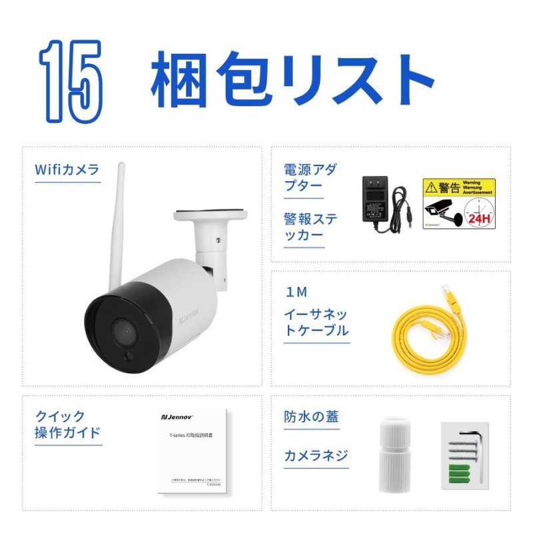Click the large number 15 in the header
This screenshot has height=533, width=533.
pos(71,81)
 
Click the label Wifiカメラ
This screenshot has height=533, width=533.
pos(67,169)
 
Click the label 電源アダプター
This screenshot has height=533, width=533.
pos(310,178)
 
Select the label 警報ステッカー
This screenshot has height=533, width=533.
pos(310,227)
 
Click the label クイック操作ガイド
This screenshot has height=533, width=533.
pos(67,425)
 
